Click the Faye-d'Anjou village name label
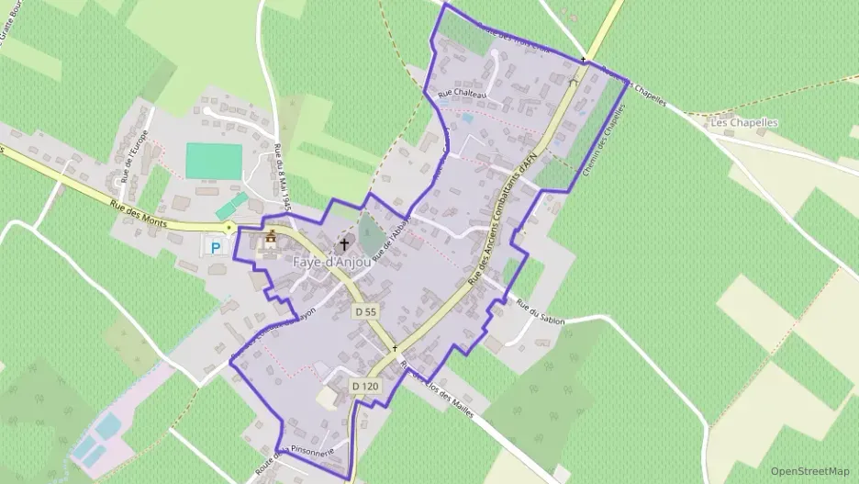coord(332,262)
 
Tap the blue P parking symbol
coord(216,247)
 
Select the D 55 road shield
coord(365,312)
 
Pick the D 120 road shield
coord(364,387)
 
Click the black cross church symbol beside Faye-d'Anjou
coord(345,244)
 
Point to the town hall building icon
coord(271,241)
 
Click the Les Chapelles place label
coord(744,122)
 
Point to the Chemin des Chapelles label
coord(603,142)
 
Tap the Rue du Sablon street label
coord(541,312)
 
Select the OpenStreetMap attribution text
coord(810,471)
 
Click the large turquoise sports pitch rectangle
coord(214,161)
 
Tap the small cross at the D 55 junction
coord(395,348)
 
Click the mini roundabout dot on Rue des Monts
coord(229,227)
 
